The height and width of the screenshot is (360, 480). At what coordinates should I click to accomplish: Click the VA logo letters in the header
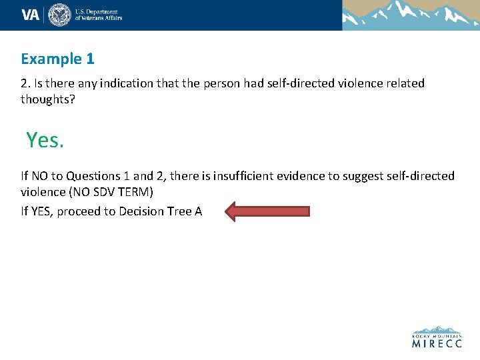click(x=31, y=15)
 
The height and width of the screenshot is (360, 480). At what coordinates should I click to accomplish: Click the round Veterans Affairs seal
click(x=59, y=15)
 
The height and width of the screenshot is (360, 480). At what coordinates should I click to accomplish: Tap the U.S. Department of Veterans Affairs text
click(x=98, y=15)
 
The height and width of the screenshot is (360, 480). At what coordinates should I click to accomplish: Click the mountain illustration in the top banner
click(x=411, y=15)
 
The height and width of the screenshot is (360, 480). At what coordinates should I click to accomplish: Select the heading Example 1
click(x=57, y=59)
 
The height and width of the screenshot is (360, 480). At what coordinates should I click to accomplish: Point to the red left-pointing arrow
click(x=267, y=211)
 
